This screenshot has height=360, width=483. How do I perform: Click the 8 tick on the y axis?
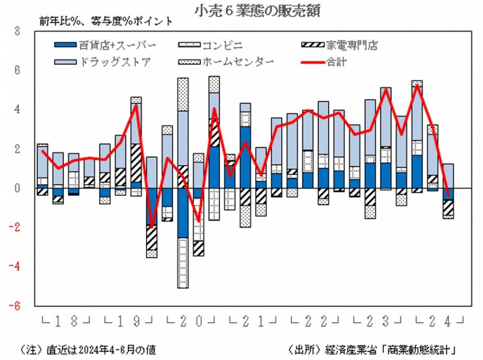point(17,31)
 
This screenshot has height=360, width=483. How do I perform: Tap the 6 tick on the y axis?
point(17,70)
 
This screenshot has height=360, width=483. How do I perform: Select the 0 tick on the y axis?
point(17,188)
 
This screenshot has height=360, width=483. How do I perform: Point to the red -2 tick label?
point(15,227)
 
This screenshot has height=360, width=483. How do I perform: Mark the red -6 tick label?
point(15,305)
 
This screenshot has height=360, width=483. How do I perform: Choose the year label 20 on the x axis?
point(190,321)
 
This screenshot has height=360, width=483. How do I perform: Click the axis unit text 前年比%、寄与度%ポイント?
point(105,22)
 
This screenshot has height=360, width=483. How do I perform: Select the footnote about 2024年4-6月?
point(87,349)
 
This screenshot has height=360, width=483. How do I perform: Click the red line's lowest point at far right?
point(448,196)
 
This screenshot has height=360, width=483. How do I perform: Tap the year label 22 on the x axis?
point(315,321)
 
